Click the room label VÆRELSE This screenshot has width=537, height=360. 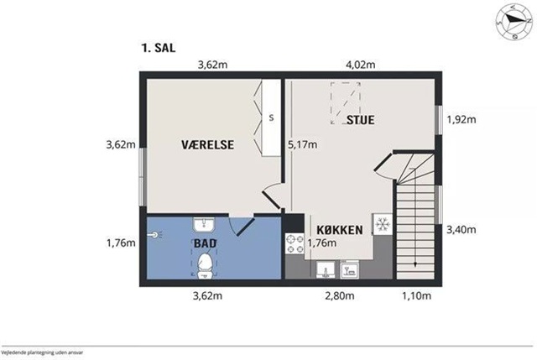pos(207,144)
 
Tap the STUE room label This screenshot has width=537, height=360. pos(361,120)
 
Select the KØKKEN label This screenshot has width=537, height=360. pos(339,230)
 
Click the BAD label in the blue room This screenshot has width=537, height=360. pos(205,243)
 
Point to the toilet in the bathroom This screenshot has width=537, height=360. pos(206,265)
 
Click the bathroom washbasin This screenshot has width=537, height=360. pos(204,225)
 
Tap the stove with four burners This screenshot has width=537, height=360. pos(295,243)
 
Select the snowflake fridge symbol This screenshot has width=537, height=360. pos(383,224)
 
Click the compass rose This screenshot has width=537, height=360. pos(513,23)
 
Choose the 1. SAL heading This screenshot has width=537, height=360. pos(159,48)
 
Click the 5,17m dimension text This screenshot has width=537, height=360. pos(302,145)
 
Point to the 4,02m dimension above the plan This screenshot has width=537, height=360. pos(360,65)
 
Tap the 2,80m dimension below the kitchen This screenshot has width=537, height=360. pos(339,295)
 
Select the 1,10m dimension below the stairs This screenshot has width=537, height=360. pos(416,295)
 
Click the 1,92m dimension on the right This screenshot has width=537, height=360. pos(461,119)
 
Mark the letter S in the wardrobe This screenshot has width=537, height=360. pos(271,117)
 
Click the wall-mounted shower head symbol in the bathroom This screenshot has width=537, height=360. pos(154,235)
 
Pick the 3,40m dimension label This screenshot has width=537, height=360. pos(461,229)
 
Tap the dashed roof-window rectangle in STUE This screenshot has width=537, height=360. pos(345,102)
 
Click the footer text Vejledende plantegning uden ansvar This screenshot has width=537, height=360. pos(43,352)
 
